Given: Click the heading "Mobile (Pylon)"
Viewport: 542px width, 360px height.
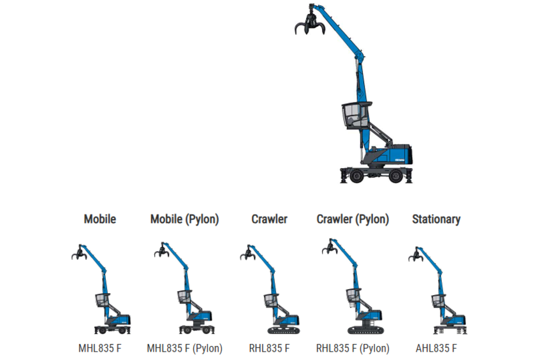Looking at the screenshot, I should tap(184, 219).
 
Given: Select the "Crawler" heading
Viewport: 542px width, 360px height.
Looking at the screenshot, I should tap(269, 219).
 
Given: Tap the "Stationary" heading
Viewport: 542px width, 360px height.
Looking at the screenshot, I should tap(436, 219).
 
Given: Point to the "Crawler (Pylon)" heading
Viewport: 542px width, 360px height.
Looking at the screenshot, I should tap(353, 219).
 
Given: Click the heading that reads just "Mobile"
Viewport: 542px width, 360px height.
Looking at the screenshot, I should tap(100, 219).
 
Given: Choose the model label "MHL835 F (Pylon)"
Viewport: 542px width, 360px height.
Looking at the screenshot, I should tap(184, 349).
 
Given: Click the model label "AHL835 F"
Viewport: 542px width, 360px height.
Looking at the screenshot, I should tap(436, 349).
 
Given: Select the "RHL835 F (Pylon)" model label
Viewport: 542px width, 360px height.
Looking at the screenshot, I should tap(353, 349).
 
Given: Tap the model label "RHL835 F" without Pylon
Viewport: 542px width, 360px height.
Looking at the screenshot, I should tap(269, 349).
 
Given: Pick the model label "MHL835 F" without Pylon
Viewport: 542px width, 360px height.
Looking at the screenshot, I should tap(100, 349).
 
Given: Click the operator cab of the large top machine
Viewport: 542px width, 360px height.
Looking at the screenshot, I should tap(355, 117).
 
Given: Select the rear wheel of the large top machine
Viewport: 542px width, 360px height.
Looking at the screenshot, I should tap(395, 175).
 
